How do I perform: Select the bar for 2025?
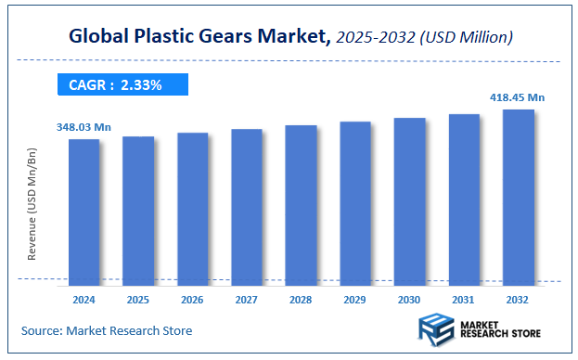point(138,209)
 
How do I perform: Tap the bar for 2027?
point(247,205)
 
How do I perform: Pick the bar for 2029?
point(355,201)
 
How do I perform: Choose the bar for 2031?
point(464,198)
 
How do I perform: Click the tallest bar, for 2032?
point(518,196)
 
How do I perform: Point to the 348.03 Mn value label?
point(83,128)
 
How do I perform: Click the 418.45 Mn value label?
point(518,97)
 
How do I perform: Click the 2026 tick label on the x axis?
point(192,300)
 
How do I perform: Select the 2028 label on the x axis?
point(301,300)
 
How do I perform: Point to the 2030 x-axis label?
point(409,300)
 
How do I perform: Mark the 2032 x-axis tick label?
point(518,300)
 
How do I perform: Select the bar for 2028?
point(301,203)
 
